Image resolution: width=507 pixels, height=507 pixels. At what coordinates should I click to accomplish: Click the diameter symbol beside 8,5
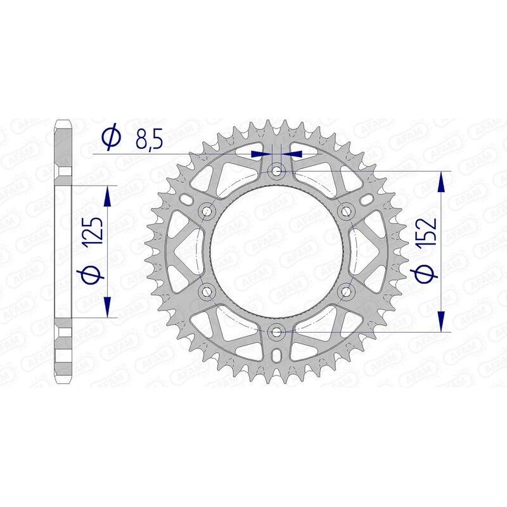coord(109,138)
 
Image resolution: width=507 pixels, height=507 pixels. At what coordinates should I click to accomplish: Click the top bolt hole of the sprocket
coord(276,170)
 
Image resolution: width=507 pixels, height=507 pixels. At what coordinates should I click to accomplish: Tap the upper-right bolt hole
coord(346,210)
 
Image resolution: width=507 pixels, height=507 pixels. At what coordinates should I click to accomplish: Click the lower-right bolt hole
coord(346,291)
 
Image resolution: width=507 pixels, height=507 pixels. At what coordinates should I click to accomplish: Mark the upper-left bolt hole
coord(207,210)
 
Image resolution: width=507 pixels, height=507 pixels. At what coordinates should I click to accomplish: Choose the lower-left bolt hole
coord(207,291)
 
